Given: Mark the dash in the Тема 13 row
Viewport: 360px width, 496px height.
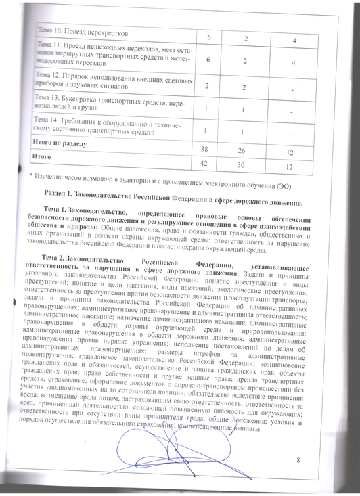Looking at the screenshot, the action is pos(291,112).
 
